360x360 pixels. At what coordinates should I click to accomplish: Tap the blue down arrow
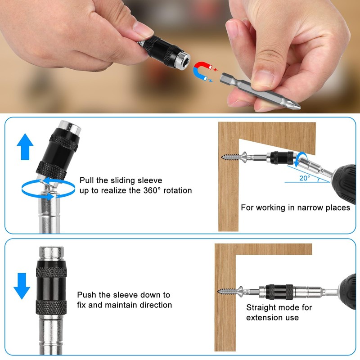[22, 285]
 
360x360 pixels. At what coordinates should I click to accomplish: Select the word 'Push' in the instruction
[87, 295]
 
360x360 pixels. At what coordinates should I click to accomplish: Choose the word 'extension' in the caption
[265, 318]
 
